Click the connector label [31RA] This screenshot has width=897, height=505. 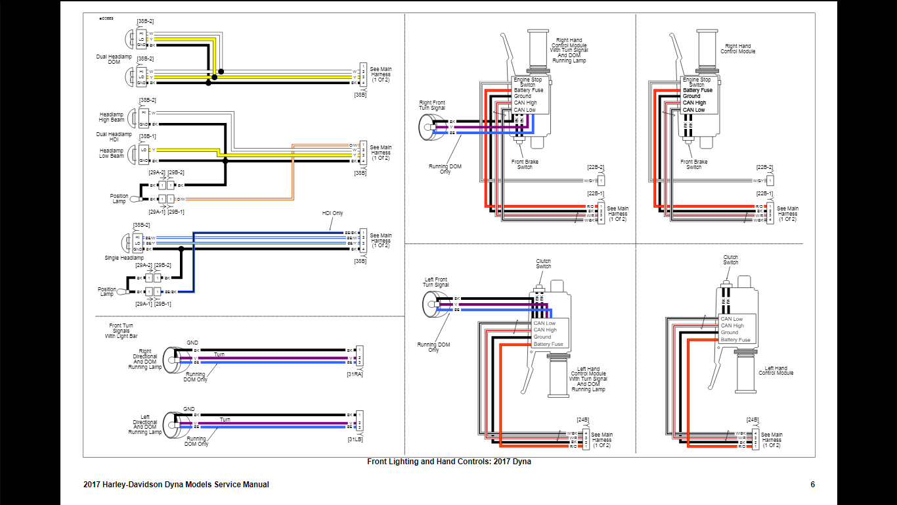pos(355,374)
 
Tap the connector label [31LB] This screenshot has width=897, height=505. pos(355,439)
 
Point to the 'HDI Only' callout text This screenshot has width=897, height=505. pos(332,213)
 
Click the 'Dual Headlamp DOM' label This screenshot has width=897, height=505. pos(114,59)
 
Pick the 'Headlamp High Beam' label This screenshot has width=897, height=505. pos(112,117)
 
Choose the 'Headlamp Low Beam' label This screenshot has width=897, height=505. pos(112,153)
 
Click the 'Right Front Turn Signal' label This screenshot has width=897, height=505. pos(432,105)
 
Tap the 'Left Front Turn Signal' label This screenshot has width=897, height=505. pos(436,283)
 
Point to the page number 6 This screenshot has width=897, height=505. pos(813,485)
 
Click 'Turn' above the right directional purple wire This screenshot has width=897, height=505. pos(219,354)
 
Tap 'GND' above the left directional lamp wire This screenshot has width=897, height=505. pos(189,409)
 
